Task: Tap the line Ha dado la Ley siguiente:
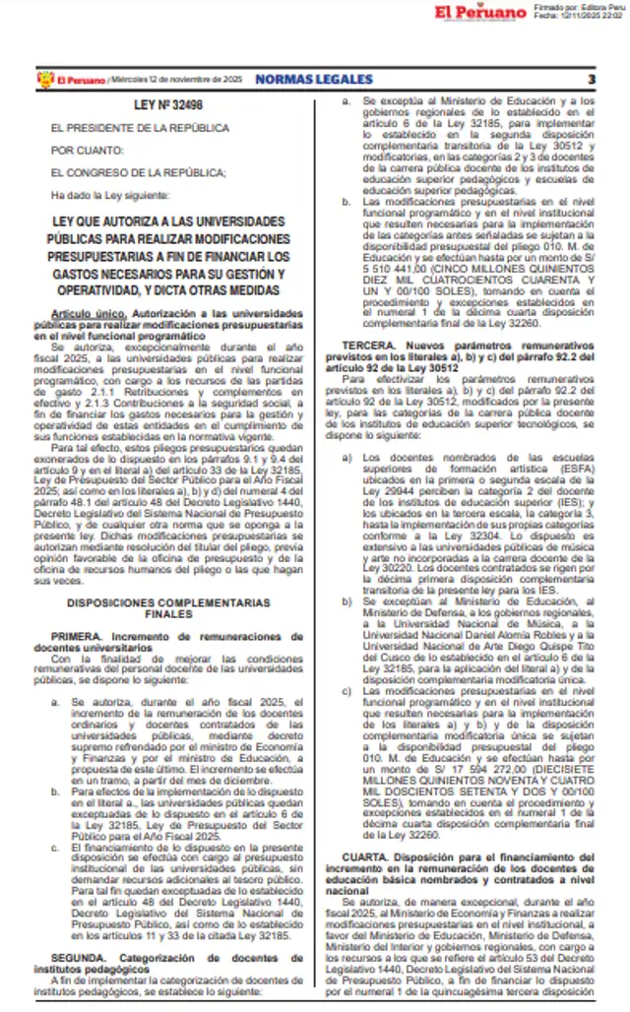108,194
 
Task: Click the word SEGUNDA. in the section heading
80,956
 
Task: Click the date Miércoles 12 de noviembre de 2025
178,80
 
